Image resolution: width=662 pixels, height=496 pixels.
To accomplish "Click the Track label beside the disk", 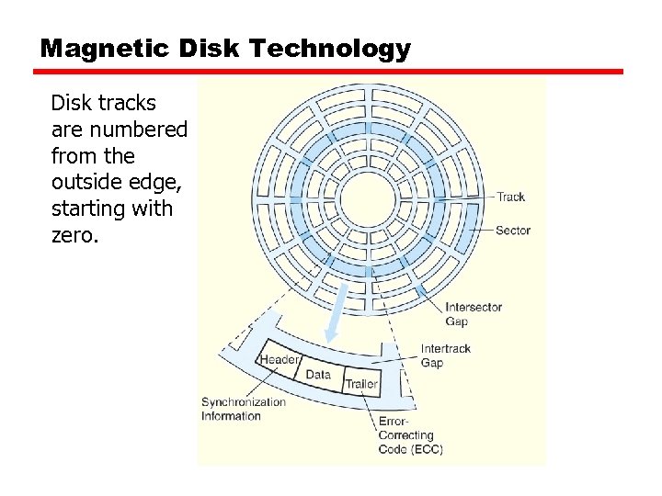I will point(510,197).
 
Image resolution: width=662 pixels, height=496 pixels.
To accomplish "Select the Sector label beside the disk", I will point(513,231).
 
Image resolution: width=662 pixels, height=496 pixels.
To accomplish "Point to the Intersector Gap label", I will point(474,314).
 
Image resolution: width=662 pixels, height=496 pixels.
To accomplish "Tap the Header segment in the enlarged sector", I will point(280,360).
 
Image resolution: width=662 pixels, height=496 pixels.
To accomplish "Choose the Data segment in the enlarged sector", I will point(318,375).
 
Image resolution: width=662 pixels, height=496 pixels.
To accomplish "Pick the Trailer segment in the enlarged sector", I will point(361,384).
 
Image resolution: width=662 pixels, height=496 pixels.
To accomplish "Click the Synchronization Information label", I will point(244,409).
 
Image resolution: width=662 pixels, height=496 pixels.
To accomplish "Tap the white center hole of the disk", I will point(368,196).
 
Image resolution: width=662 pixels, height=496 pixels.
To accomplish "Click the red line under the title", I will point(331,71).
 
